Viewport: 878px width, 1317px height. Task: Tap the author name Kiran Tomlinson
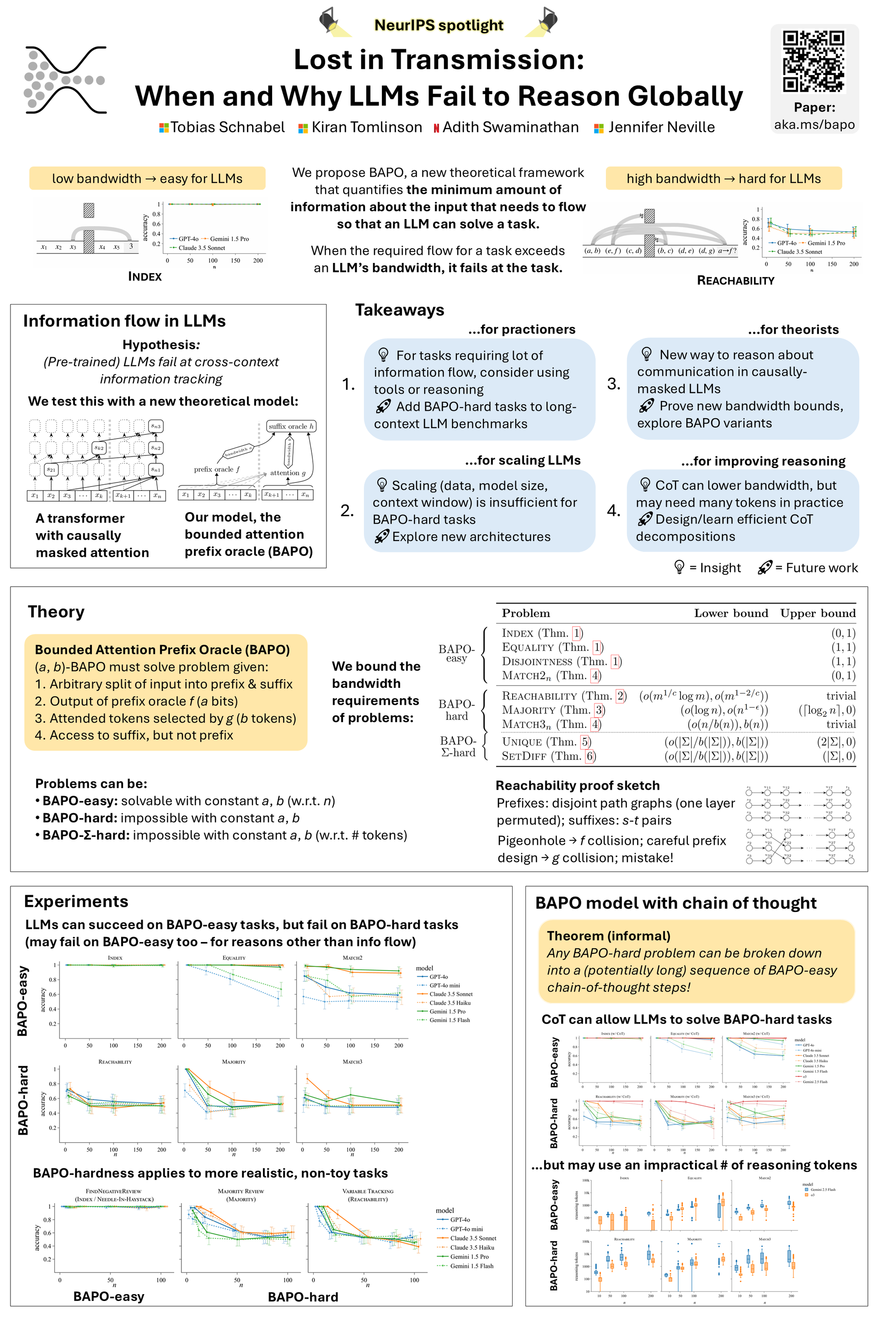coord(366,128)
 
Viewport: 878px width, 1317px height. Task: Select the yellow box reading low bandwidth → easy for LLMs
coord(147,179)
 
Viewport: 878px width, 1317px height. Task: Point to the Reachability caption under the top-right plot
coord(735,280)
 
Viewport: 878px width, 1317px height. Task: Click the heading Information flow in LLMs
coord(124,321)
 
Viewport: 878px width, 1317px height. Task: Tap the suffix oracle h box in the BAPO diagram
coord(291,426)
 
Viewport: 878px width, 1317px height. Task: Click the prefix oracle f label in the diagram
coord(217,469)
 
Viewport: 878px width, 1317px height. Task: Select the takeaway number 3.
coord(614,384)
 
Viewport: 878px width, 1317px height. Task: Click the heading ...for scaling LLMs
coord(522,460)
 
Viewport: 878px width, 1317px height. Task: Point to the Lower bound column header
coord(731,613)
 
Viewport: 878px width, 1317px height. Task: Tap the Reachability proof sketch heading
coord(577,786)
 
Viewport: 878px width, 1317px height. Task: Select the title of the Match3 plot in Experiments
coord(352,1062)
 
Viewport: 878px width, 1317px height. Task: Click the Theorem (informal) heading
coord(608,936)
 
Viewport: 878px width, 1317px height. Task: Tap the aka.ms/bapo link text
coord(814,124)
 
